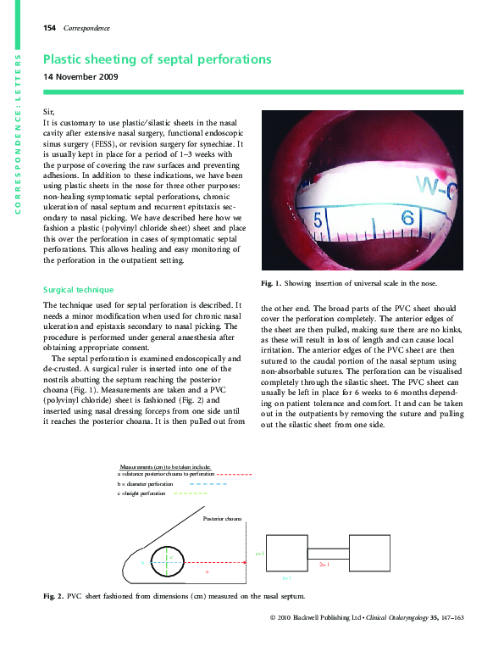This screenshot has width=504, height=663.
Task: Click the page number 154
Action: (48, 28)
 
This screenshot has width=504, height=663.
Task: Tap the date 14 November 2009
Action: (80, 77)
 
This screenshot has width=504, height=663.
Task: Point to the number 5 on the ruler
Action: (318, 220)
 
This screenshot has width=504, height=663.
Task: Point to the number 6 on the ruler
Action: (407, 218)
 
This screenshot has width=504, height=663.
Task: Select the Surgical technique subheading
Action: (80, 289)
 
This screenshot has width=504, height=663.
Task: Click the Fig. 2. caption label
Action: (53, 598)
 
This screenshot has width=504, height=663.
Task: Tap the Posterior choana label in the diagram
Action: (223, 516)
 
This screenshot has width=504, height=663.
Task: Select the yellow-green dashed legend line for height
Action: (191, 493)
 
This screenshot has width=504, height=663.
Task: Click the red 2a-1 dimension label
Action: (324, 563)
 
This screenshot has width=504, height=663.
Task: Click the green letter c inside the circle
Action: (171, 557)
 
